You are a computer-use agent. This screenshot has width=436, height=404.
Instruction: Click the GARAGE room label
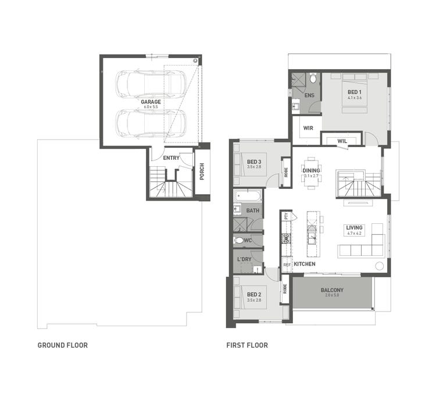[151, 102]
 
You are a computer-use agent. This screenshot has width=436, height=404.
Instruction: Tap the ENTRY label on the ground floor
[171, 158]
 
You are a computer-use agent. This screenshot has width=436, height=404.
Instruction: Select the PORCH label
[202, 171]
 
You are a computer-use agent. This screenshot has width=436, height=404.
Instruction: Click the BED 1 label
[355, 92]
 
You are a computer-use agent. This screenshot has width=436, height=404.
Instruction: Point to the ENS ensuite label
[309, 95]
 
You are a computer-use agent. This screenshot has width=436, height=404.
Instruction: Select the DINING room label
[311, 170]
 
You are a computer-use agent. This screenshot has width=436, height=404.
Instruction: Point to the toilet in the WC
[238, 240]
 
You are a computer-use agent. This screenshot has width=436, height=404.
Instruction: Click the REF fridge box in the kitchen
[287, 265]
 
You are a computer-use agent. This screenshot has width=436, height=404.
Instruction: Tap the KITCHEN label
[305, 264]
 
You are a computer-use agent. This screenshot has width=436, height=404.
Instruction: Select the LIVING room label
[354, 227]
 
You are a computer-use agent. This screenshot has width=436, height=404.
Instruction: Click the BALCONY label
[332, 290]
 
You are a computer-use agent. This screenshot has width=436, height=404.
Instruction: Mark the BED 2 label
[255, 295]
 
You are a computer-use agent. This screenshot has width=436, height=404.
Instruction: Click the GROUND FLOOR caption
[63, 345]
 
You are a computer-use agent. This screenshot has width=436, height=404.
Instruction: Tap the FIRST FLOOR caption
[247, 345]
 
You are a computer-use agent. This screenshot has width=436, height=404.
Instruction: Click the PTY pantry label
[286, 216]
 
